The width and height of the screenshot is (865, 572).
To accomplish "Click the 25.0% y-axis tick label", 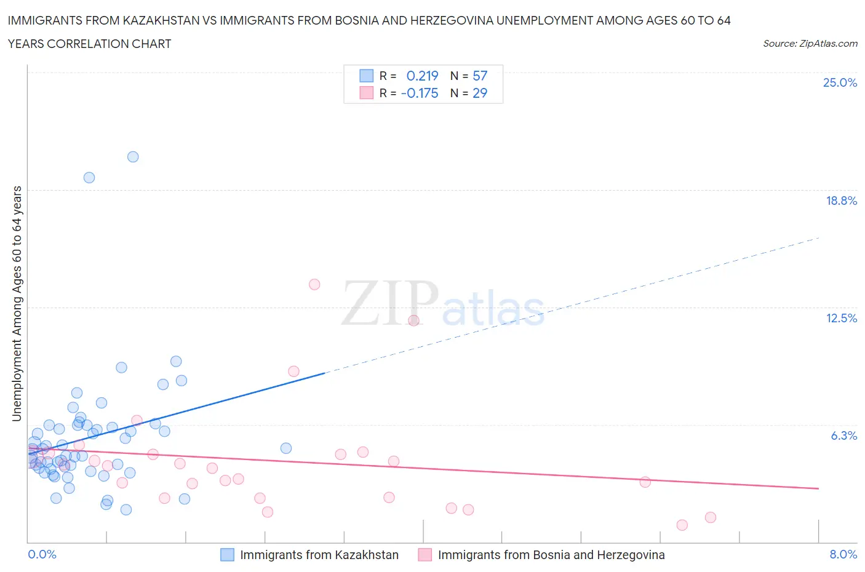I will pos(840,83).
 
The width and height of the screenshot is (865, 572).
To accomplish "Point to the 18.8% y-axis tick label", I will pos(841,201).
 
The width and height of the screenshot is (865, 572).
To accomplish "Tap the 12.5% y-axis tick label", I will pos(841,318).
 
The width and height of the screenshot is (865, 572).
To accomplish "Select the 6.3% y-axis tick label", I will pos(843,435).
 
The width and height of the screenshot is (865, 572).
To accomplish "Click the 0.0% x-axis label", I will pos(42,554).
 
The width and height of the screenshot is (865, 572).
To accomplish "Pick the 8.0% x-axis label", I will pos(843,554).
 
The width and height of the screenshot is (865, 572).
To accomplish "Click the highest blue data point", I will pos(133,157).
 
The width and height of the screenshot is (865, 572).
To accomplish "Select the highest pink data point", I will pos(314,284).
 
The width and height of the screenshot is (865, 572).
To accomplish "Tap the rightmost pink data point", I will pos(711,517).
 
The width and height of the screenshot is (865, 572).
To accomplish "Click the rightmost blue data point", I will pos(286,448).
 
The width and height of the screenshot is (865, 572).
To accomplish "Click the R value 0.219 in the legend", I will pos(422,76).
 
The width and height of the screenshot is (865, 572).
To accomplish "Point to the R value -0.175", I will pos(420,93).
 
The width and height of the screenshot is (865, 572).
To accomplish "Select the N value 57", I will pos(480,76).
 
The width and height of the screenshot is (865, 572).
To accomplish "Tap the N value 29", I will pos(480,93).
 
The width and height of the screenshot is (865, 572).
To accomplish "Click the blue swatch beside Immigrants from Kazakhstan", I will pos(227,555).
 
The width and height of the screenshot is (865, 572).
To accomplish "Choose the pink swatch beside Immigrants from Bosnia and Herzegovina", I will pos(425,555).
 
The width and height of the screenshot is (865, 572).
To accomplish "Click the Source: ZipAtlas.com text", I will pos(810,44).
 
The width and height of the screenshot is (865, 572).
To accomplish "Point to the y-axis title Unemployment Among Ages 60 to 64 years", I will pos(17,304).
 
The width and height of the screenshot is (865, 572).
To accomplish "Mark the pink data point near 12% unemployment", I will pos(413,320).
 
